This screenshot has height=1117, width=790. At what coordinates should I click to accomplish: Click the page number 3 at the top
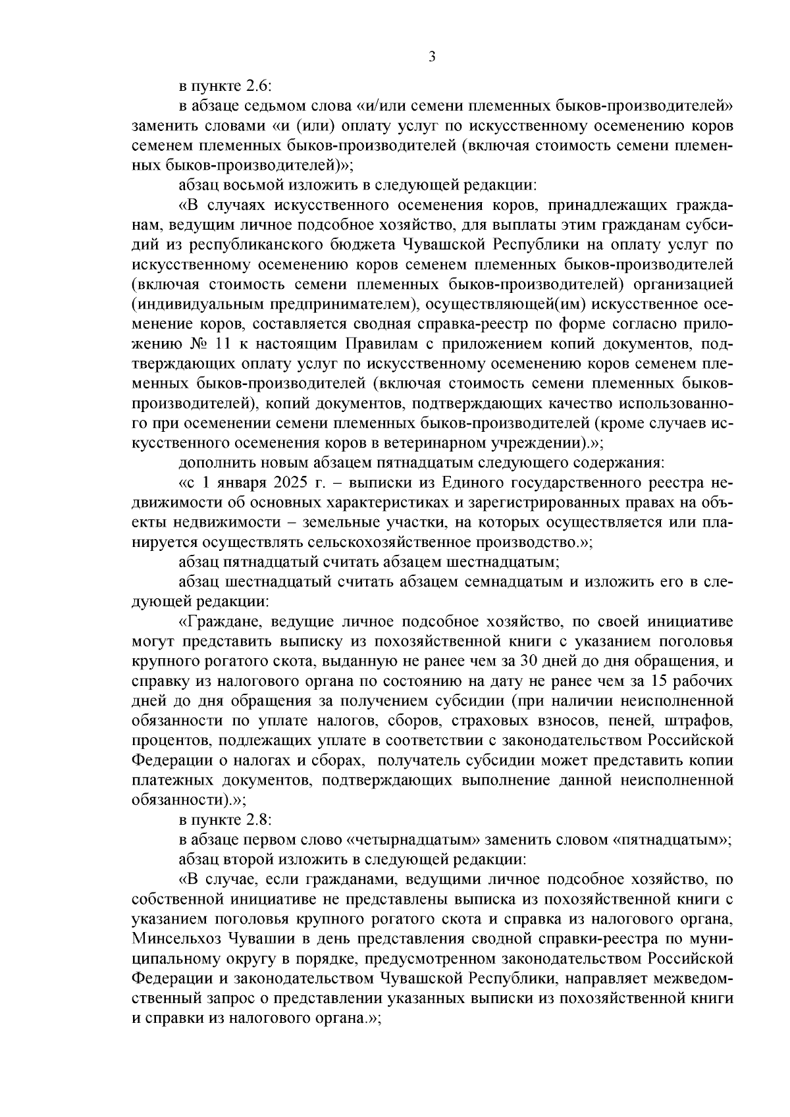pyautogui.click(x=432, y=57)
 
